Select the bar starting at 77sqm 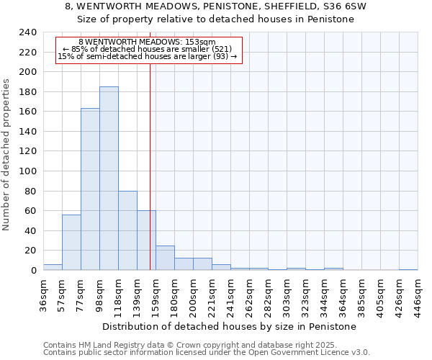[90, 189]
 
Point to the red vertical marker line [150, 166]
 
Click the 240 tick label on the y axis [27, 32]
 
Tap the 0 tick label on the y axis [33, 271]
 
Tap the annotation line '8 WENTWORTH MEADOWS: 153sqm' [147, 42]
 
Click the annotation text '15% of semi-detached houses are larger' [147, 56]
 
